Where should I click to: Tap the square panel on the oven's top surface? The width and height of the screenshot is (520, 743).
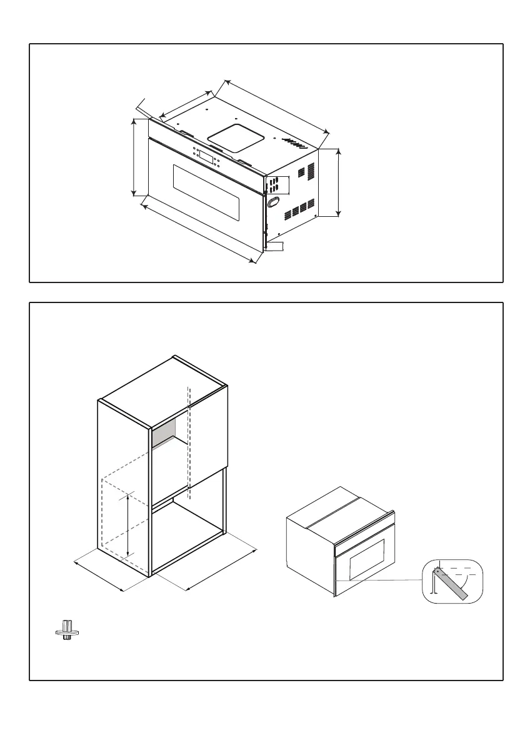[234, 137]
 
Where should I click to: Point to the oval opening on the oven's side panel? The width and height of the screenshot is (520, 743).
[273, 202]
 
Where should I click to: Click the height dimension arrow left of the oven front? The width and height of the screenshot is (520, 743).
[134, 157]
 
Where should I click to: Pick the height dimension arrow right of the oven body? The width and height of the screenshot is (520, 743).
[338, 182]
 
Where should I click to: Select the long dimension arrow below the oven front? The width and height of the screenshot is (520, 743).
[199, 231]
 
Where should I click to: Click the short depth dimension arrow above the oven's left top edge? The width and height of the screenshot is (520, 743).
[186, 104]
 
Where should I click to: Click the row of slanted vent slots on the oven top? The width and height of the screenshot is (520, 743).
[292, 142]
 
